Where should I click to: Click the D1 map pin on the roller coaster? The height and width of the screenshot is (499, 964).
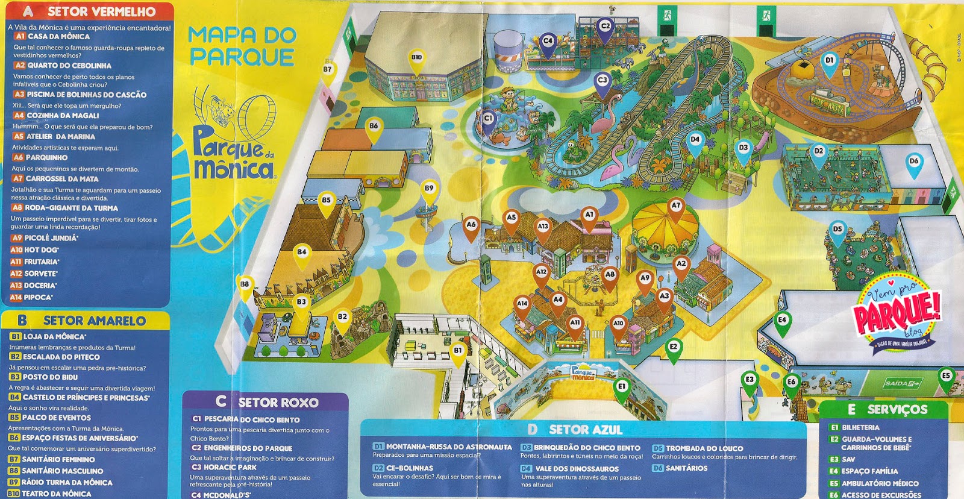[x=830, y=61]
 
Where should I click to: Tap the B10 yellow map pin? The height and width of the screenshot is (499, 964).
[x=416, y=58]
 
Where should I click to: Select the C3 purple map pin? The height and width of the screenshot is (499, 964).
[x=602, y=81]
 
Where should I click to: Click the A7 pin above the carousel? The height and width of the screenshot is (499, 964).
[x=676, y=207]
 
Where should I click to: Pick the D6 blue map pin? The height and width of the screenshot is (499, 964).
[x=914, y=162]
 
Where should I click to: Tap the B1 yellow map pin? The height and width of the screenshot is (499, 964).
[x=458, y=351]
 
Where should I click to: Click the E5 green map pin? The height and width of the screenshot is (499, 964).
[x=946, y=377]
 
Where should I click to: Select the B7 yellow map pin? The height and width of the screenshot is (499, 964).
[x=327, y=71]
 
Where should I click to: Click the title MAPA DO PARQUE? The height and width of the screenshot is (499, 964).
[x=242, y=46]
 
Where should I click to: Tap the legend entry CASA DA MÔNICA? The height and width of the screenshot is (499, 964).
[x=58, y=36]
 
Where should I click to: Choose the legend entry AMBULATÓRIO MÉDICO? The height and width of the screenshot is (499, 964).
[x=880, y=483]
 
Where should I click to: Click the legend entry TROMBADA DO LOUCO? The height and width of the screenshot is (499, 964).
[x=704, y=448]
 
